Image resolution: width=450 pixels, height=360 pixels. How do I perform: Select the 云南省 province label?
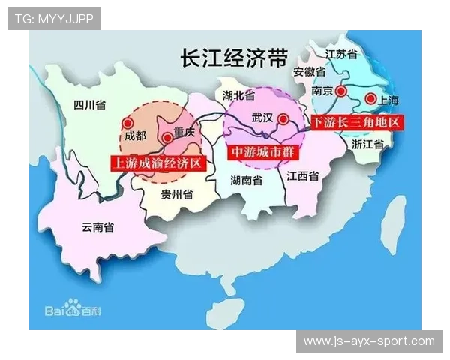click(x=97, y=226)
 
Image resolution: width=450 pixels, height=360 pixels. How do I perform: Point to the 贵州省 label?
click(x=177, y=194)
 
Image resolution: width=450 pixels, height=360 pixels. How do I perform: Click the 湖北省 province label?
click(x=238, y=95)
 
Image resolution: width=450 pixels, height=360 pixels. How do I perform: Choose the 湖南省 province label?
click(x=246, y=181)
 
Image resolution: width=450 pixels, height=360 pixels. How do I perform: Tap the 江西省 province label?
click(x=303, y=177)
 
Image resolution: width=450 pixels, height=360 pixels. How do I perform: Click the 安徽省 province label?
click(x=309, y=72)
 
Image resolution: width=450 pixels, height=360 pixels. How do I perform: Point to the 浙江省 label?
click(x=367, y=143)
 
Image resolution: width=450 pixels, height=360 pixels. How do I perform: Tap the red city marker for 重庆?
click(x=166, y=137)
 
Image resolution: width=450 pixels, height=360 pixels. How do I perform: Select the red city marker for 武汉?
click(x=282, y=118)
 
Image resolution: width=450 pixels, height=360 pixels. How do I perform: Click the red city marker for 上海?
click(x=369, y=98)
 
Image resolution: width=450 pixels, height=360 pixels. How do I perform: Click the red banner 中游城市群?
click(x=257, y=150)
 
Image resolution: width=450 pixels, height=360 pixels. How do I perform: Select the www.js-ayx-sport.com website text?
click(x=368, y=341)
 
